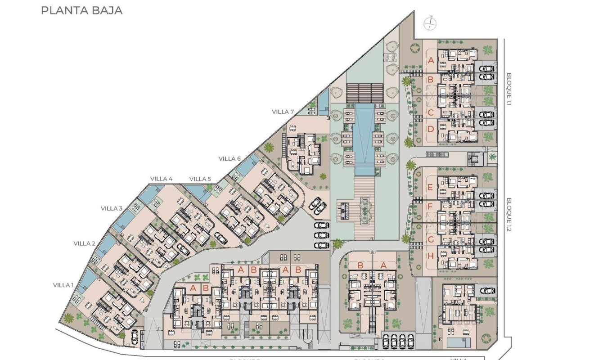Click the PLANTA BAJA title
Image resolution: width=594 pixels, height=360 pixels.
(81, 11)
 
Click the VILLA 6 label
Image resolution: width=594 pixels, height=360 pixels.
(230, 158)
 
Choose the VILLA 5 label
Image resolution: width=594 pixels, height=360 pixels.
(200, 179)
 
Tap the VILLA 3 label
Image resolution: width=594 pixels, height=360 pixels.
(112, 208)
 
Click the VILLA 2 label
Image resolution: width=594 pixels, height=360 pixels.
(85, 243)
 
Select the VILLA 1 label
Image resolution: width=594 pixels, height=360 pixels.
(63, 285)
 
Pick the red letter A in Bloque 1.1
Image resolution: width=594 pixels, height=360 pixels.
(431, 60)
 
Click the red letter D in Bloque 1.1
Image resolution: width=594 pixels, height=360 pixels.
(431, 130)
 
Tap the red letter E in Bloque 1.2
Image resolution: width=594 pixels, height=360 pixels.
(431, 188)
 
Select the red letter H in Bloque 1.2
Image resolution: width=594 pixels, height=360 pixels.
(431, 256)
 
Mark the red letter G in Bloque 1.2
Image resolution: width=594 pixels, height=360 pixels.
(431, 239)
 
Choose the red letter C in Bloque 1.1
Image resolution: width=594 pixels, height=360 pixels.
(431, 112)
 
